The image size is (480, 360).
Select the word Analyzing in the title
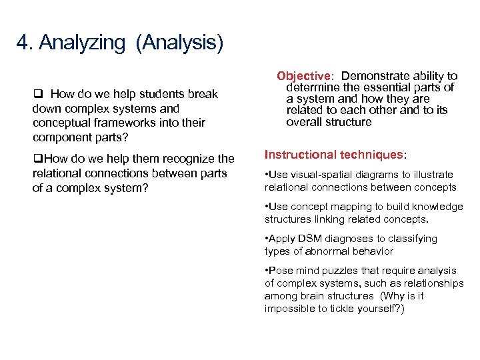pyautogui.click(x=82, y=44)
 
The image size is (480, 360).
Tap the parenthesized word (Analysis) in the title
pyautogui.click(x=179, y=44)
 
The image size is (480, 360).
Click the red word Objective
pyautogui.click(x=303, y=77)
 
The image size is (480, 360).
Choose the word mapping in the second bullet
pyautogui.click(x=348, y=207)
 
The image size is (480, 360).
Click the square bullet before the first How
pyautogui.click(x=37, y=94)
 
